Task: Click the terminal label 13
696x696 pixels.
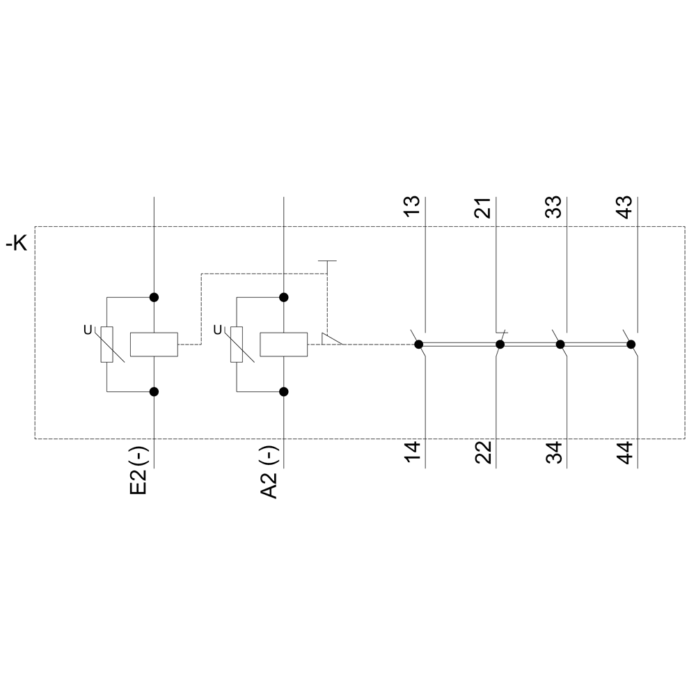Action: click(412, 207)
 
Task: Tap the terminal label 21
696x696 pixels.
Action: click(483, 207)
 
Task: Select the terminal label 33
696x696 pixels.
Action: click(553, 207)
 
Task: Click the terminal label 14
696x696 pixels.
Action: click(412, 452)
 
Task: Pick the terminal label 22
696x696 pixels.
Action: click(483, 452)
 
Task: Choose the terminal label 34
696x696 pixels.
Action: click(553, 452)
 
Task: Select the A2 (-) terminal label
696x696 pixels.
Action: click(269, 473)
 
